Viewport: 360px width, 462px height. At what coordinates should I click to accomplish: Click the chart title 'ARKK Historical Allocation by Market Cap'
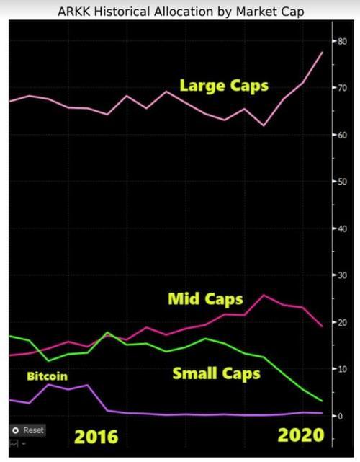tap(181, 12)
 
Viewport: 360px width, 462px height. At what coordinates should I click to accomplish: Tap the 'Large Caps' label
tap(224, 86)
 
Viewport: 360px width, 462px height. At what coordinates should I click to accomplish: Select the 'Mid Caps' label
tap(205, 299)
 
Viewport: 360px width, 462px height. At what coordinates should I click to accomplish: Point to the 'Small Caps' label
tap(216, 373)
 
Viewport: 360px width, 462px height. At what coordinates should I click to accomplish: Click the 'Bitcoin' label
tap(47, 376)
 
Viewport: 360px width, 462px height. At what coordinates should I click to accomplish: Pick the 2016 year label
tap(96, 437)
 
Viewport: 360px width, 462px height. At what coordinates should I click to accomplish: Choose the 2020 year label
tap(301, 435)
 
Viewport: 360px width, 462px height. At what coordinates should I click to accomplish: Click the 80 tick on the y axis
tap(342, 41)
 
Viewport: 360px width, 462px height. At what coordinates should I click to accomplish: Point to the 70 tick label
tap(342, 88)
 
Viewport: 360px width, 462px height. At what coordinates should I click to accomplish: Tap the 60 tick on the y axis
tap(342, 135)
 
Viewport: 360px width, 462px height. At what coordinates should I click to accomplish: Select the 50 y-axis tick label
tap(342, 182)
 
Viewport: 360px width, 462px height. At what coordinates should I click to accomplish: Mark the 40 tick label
tap(342, 228)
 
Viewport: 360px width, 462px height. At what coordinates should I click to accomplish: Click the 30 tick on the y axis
tap(342, 275)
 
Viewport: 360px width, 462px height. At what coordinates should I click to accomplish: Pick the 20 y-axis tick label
tap(342, 322)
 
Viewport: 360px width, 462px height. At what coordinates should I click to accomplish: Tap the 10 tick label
tap(342, 369)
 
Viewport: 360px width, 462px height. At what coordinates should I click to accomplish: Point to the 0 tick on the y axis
tap(341, 416)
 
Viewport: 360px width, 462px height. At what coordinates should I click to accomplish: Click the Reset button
tap(27, 430)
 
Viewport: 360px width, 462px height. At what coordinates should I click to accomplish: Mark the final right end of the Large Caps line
tap(323, 53)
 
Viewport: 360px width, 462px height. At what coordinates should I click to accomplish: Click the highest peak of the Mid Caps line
tap(264, 295)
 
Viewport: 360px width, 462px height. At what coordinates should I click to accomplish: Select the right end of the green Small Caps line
tap(323, 401)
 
